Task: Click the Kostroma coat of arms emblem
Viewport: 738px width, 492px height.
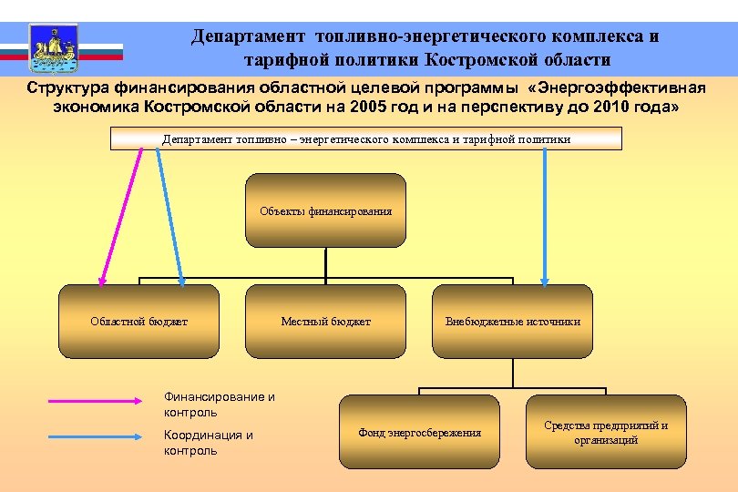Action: pyautogui.click(x=54, y=47)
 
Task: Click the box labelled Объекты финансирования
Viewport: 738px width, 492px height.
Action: pyautogui.click(x=325, y=210)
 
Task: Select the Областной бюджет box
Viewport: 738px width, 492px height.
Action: pyautogui.click(x=138, y=321)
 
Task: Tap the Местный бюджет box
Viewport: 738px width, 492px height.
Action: pyautogui.click(x=325, y=321)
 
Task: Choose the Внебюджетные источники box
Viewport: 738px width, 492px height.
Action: pyautogui.click(x=512, y=321)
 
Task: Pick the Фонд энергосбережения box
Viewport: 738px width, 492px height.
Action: pyautogui.click(x=419, y=432)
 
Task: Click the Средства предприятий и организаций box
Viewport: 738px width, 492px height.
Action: pyautogui.click(x=606, y=432)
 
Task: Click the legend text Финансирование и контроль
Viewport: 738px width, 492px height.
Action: pyautogui.click(x=219, y=405)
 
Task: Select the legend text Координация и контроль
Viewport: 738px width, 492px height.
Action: pyautogui.click(x=208, y=442)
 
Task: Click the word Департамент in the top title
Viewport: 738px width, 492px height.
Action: pyautogui.click(x=248, y=37)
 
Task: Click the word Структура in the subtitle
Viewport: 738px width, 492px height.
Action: pyautogui.click(x=67, y=88)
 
